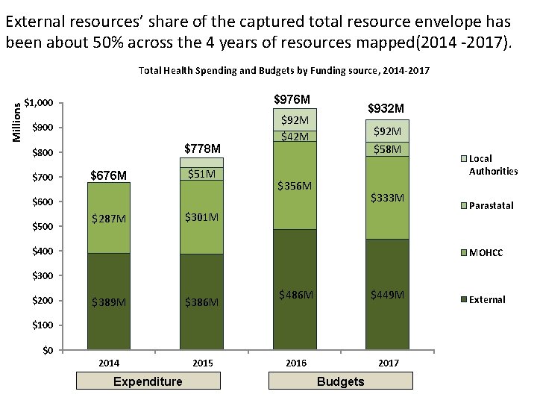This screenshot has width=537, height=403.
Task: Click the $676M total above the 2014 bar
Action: (x=109, y=175)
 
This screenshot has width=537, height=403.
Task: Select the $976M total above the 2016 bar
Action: (x=292, y=99)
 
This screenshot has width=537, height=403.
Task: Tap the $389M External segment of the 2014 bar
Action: (x=109, y=302)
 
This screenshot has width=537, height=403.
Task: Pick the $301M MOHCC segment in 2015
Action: (x=201, y=217)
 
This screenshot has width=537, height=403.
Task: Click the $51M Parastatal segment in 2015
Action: (x=201, y=174)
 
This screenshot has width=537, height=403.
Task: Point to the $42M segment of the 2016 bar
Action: (x=295, y=137)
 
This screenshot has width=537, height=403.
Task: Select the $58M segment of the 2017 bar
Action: (x=387, y=149)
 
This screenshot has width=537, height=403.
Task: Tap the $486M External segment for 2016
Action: (x=295, y=290)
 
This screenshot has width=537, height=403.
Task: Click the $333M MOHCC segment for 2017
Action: (x=387, y=198)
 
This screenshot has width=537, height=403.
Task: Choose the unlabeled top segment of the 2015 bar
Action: (x=201, y=163)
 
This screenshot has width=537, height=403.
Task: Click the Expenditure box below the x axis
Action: (x=148, y=381)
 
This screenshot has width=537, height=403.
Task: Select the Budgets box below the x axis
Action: (x=341, y=381)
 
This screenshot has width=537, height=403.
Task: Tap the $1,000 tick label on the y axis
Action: (x=38, y=102)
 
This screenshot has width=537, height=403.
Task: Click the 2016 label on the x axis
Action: (x=296, y=363)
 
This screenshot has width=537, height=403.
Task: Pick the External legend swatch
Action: (x=464, y=299)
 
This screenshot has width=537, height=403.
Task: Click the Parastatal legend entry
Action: (x=488, y=206)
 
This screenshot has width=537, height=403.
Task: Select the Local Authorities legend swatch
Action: (x=464, y=159)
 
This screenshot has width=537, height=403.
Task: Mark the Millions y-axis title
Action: (x=16, y=122)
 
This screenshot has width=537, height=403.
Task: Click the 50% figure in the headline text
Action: (x=107, y=42)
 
